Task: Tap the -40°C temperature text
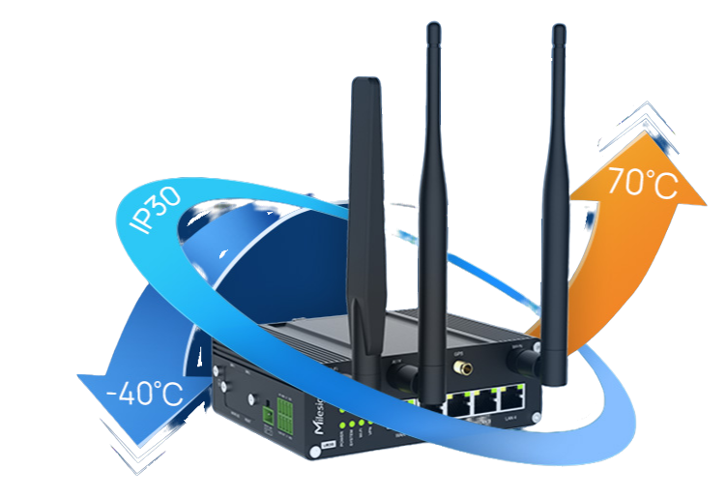(145, 394)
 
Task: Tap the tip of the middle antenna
(427, 23)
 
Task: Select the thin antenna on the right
(556, 193)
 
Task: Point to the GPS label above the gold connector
(461, 354)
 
